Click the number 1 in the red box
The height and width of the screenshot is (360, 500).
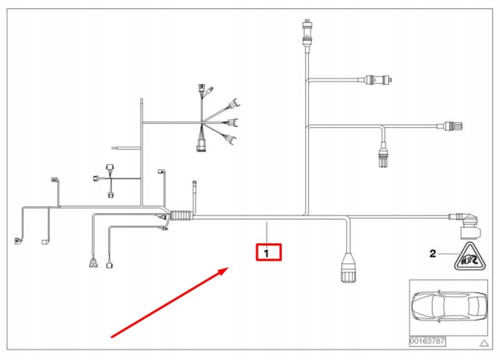coord(267,254)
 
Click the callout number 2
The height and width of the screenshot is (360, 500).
coord(433,254)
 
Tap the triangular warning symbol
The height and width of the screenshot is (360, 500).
coord(470,256)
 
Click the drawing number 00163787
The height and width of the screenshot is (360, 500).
coord(427,341)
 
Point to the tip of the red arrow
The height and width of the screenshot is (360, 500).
coord(228,268)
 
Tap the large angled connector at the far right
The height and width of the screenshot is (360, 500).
coord(467,226)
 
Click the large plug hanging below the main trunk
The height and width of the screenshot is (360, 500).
coord(348,268)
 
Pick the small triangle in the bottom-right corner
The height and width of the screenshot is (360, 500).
coord(484,343)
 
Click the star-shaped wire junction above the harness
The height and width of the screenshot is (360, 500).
coord(202,122)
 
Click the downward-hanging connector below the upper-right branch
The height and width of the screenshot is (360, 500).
coord(383,156)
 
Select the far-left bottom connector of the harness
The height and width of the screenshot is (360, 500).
coord(18,241)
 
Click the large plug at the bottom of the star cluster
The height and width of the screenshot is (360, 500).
coord(200,145)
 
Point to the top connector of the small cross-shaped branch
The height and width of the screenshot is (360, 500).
coord(110,168)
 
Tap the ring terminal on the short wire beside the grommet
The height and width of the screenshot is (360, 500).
coord(194,183)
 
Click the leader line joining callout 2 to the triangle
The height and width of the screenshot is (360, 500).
coord(449,254)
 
